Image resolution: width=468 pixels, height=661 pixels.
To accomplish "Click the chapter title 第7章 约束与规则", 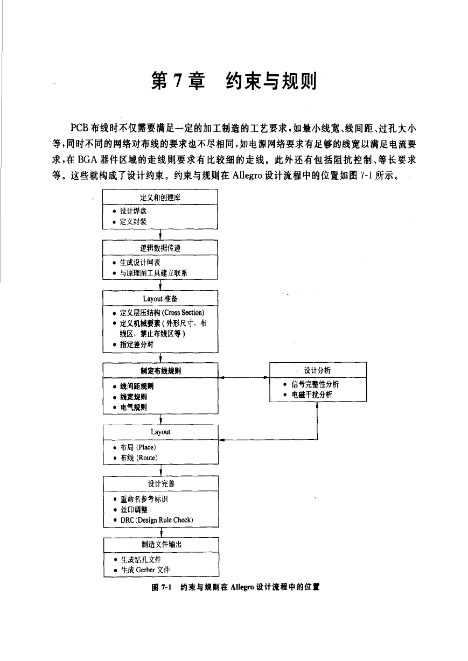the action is [x=234, y=81].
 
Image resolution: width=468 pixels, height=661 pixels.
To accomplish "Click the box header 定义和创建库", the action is [x=160, y=198].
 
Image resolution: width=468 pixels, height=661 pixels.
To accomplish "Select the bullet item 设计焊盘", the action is [x=133, y=211].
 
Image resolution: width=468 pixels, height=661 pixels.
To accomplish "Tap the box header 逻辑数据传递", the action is [x=160, y=248].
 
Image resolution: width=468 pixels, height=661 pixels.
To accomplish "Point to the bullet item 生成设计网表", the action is [x=140, y=262].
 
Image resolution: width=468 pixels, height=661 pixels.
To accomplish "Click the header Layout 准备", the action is [x=160, y=299].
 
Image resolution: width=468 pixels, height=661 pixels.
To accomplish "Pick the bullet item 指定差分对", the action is [x=137, y=344].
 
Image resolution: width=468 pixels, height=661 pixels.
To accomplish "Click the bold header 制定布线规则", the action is [x=160, y=371].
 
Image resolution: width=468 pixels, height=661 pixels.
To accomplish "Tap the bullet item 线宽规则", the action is [x=134, y=397].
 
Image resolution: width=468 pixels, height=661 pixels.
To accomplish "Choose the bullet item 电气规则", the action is [x=134, y=407].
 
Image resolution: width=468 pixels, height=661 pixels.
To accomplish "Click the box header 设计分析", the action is [x=317, y=370].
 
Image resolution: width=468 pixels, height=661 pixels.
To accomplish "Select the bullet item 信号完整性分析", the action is [x=316, y=384].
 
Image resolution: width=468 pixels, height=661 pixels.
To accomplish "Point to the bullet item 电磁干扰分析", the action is [x=312, y=395].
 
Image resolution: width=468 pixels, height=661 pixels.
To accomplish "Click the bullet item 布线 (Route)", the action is [x=139, y=458].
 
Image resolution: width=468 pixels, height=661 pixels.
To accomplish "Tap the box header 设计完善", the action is [x=161, y=484].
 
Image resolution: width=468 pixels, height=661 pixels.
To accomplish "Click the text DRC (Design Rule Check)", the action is [x=157, y=520].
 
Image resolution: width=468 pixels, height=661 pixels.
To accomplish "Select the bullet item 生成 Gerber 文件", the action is [x=145, y=570].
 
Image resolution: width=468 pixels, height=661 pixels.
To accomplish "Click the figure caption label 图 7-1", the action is [x=162, y=587].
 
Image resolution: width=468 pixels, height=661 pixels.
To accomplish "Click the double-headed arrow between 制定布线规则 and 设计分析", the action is [x=244, y=377].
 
